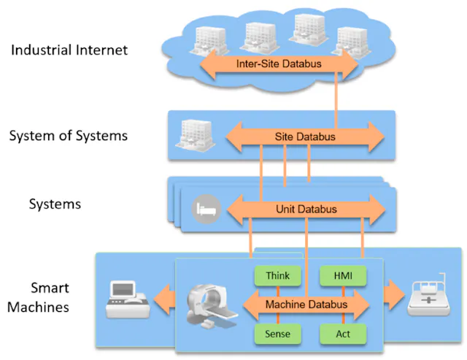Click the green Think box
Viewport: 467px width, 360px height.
[x=277, y=276]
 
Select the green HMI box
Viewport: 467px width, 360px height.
[x=343, y=276]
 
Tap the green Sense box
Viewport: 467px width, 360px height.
[x=277, y=334]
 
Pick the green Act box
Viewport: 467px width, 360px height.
[x=343, y=334]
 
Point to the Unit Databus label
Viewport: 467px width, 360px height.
[x=306, y=209]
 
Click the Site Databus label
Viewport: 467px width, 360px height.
[x=305, y=137]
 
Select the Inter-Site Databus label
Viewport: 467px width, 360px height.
[x=279, y=64]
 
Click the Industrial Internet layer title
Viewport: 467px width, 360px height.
[x=69, y=50]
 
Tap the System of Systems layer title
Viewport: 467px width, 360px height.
[x=69, y=135]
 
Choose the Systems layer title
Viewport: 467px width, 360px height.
[x=55, y=204]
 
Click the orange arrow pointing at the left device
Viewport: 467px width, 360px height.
[x=165, y=299]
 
